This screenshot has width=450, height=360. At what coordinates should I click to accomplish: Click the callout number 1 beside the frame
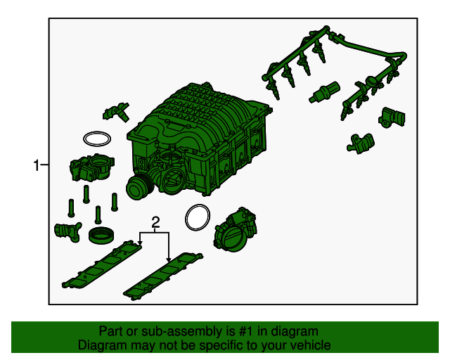tap(36, 165)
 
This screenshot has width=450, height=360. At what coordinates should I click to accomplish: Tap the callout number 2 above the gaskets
tap(155, 222)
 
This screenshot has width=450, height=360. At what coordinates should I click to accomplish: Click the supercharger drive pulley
tap(137, 187)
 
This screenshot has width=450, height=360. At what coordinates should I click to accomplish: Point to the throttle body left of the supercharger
tap(92, 167)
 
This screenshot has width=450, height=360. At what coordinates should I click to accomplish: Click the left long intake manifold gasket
tap(103, 264)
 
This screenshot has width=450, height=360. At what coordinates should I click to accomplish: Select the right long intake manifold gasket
tap(163, 276)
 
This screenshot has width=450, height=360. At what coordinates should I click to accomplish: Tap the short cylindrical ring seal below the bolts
tap(101, 235)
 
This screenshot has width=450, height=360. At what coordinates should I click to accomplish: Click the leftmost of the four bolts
tap(71, 208)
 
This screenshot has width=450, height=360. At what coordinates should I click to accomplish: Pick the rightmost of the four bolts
tap(115, 202)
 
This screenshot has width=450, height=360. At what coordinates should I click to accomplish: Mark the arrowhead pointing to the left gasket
tap(140, 243)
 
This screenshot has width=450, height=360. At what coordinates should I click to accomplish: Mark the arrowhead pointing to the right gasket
tap(169, 259)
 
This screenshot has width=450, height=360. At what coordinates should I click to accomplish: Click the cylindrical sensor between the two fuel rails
tap(324, 92)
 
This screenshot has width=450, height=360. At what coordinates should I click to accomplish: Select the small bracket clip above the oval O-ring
tap(116, 112)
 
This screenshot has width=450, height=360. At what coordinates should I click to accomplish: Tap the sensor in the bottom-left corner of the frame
tap(68, 231)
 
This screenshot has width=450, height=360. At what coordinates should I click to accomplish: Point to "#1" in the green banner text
tap(246, 331)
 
